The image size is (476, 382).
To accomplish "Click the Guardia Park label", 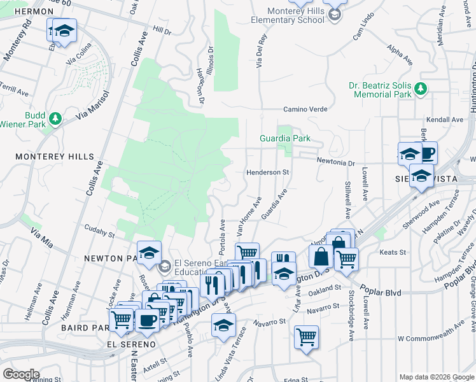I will [284, 138].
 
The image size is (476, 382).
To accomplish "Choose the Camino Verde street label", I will [305, 110].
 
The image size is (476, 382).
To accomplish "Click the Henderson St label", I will [268, 173].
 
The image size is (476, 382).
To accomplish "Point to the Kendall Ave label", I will [445, 120].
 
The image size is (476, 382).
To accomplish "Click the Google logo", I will [20, 374].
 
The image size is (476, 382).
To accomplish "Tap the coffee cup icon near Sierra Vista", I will [427, 153].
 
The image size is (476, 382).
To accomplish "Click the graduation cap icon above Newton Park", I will [148, 253].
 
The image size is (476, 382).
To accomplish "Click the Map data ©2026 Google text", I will [436, 377].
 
